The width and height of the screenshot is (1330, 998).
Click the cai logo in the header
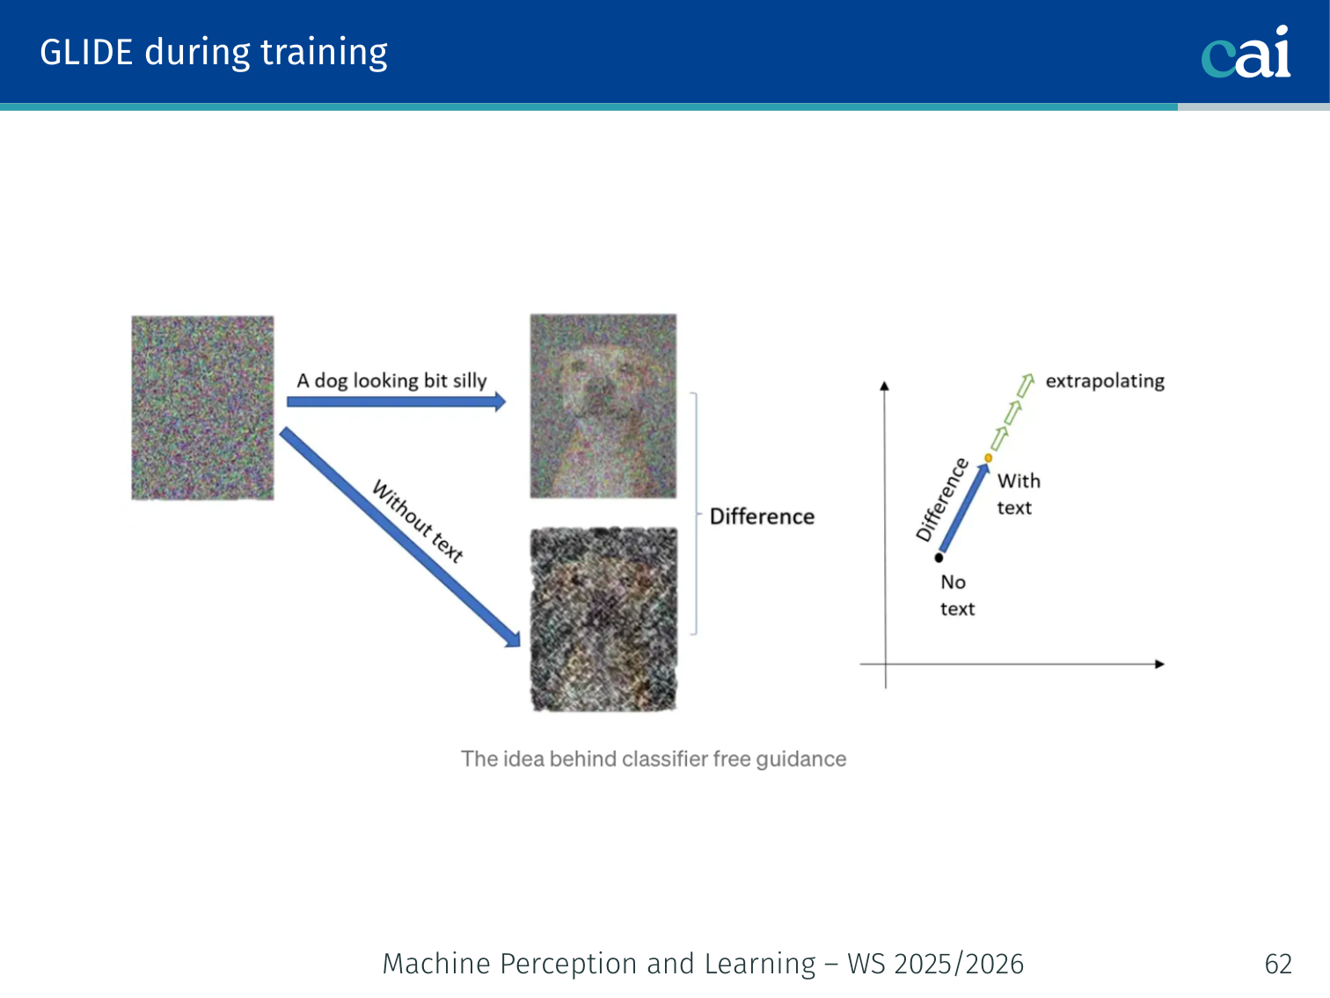pyautogui.click(x=1246, y=52)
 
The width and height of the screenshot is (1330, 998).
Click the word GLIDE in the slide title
pyautogui.click(x=86, y=52)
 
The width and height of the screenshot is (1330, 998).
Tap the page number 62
pyautogui.click(x=1278, y=964)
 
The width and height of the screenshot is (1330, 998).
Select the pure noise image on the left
pyautogui.click(x=202, y=407)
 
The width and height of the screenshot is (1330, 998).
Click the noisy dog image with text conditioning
pyautogui.click(x=603, y=406)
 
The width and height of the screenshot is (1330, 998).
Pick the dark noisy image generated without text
pyautogui.click(x=603, y=620)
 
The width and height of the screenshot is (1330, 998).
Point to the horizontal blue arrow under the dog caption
pyautogui.click(x=397, y=401)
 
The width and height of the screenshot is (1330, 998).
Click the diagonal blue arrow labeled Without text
pyautogui.click(x=400, y=538)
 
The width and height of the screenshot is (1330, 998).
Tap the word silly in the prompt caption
pyautogui.click(x=470, y=380)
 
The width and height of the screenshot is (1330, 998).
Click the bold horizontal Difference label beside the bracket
pyautogui.click(x=762, y=517)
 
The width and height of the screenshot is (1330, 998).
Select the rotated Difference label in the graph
pyautogui.click(x=941, y=500)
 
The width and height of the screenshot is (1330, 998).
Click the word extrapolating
pyautogui.click(x=1105, y=381)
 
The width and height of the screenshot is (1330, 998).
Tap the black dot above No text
pyautogui.click(x=939, y=557)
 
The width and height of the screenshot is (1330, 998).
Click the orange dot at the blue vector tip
pyautogui.click(x=988, y=459)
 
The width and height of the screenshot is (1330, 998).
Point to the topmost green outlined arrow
pyautogui.click(x=1026, y=385)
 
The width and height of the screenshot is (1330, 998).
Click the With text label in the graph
pyautogui.click(x=1019, y=494)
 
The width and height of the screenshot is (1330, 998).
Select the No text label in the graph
pyautogui.click(x=957, y=595)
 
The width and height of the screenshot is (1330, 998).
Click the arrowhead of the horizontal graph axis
pyautogui.click(x=1159, y=664)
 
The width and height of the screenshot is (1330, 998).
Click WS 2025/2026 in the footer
pyautogui.click(x=935, y=964)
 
